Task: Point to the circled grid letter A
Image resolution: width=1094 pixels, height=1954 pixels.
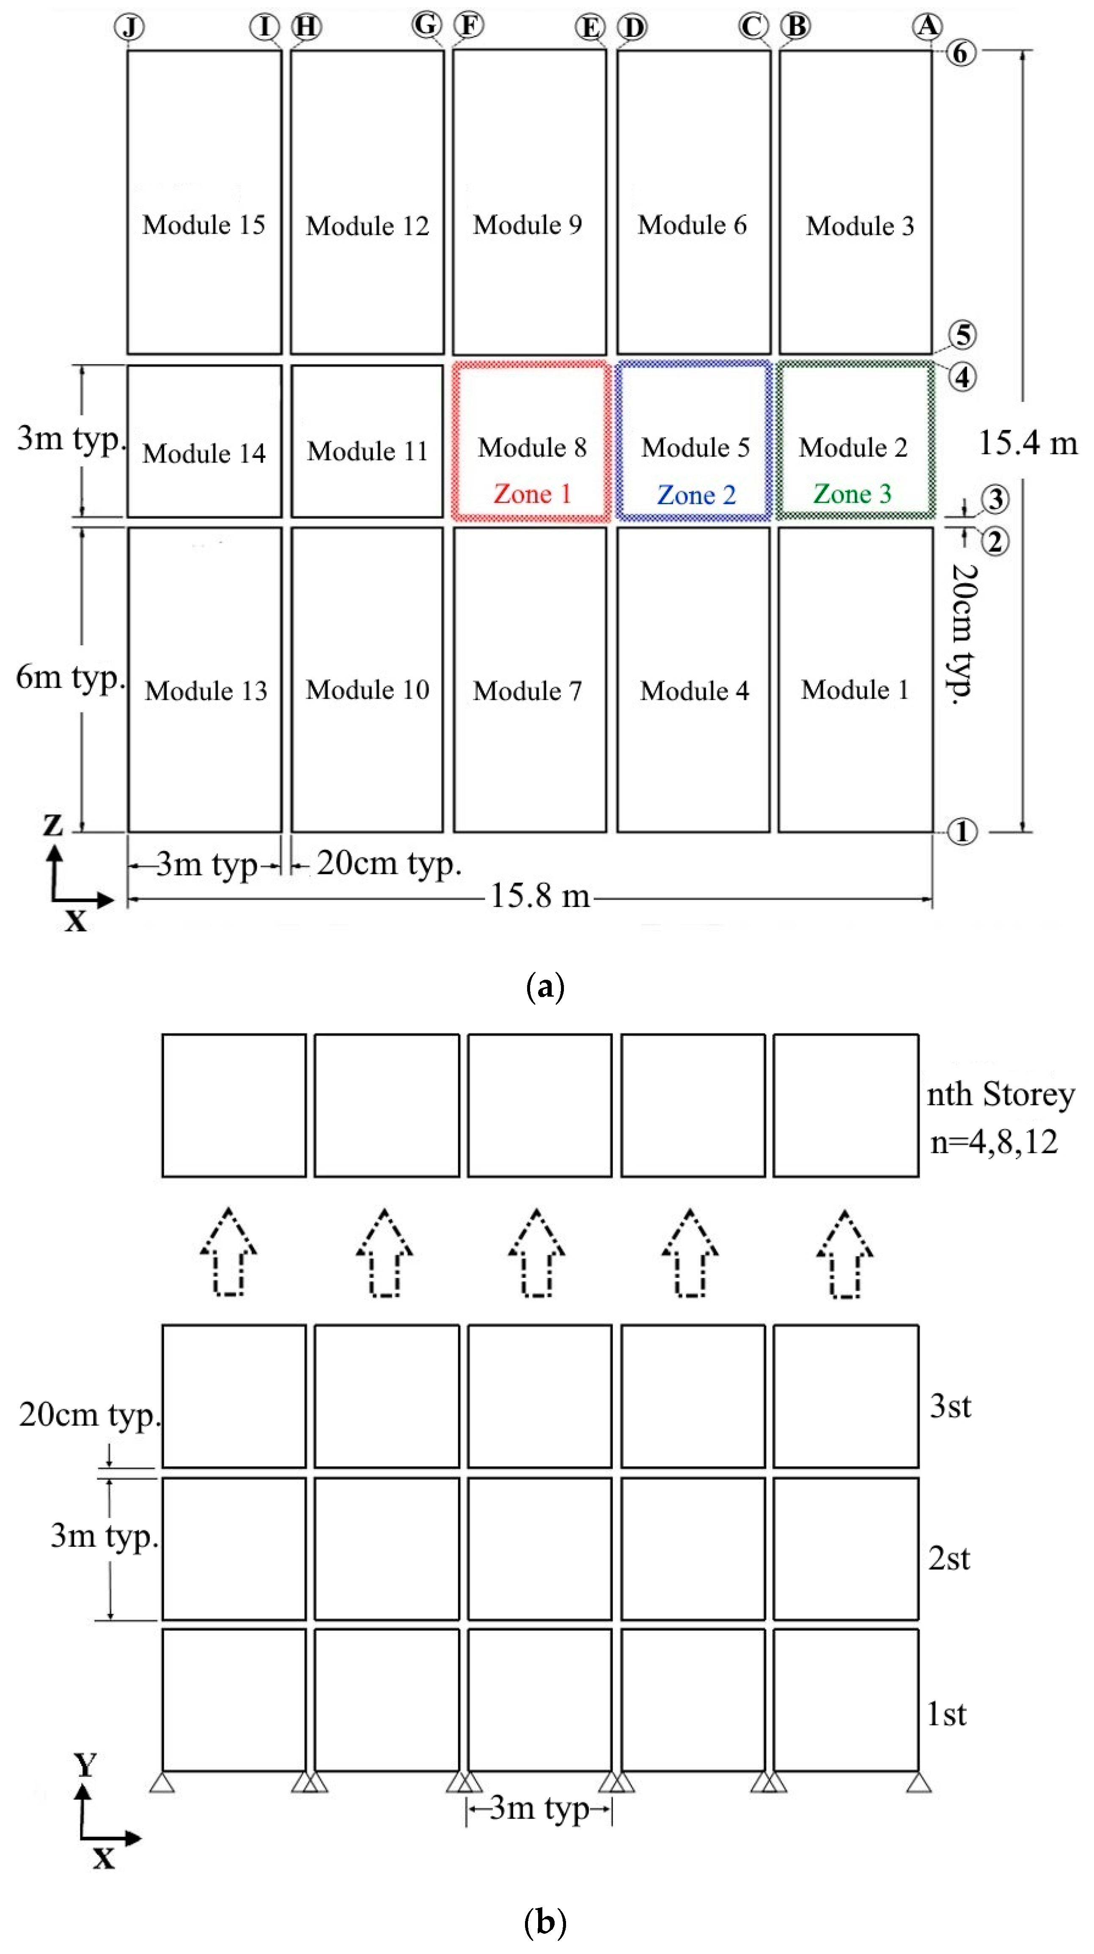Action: tap(926, 27)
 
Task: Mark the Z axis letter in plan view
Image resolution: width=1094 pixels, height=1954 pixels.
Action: tap(52, 825)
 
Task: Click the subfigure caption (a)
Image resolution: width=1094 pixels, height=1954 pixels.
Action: tap(545, 987)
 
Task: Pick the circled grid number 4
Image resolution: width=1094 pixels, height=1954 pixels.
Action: tap(962, 377)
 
